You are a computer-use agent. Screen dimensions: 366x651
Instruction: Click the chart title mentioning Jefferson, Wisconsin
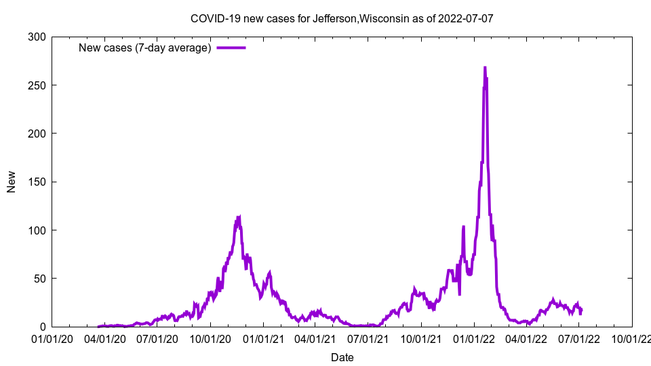(x=342, y=18)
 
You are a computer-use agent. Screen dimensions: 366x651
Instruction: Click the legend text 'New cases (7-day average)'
(x=145, y=47)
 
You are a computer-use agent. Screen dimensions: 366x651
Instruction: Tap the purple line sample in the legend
(x=231, y=47)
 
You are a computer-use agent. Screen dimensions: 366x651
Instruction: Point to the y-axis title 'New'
(x=12, y=182)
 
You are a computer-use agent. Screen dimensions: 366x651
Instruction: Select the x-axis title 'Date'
(x=342, y=357)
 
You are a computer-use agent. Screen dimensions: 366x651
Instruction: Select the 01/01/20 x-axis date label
(x=52, y=338)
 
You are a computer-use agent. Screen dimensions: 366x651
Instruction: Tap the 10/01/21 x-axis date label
(x=421, y=338)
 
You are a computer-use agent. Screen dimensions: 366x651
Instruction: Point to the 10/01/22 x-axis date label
(x=632, y=338)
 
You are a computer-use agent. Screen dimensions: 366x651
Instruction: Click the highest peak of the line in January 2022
(x=485, y=68)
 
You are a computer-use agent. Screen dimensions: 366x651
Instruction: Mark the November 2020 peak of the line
(x=239, y=217)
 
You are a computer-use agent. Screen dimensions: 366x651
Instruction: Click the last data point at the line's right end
(x=581, y=310)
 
